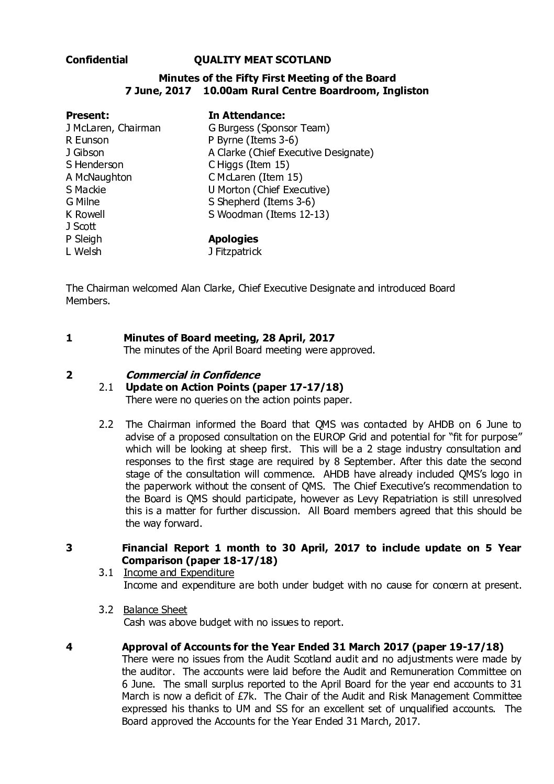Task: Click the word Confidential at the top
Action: (97, 60)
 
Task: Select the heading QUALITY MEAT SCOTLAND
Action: (262, 60)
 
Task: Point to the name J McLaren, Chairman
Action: (113, 128)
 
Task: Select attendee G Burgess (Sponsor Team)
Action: (269, 128)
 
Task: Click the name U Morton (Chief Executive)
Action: (269, 190)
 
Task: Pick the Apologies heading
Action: (233, 239)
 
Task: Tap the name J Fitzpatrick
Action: (235, 251)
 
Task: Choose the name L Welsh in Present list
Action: (84, 251)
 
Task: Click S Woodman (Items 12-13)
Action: (269, 214)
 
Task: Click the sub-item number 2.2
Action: (106, 424)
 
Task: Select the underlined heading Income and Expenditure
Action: (179, 573)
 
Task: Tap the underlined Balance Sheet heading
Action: (155, 610)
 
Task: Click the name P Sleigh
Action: (84, 239)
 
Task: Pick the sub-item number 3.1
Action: (106, 573)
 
